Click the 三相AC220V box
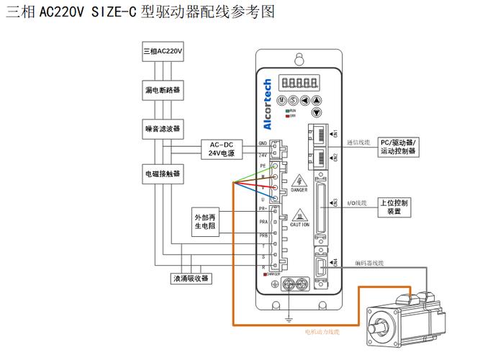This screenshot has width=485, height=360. click(163, 53)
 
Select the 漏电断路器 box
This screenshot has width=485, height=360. click(163, 91)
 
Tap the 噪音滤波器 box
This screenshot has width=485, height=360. click(163, 130)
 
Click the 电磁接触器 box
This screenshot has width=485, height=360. click(163, 174)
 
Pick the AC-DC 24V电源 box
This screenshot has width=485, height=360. click(222, 149)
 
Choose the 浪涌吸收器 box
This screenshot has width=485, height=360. click(190, 279)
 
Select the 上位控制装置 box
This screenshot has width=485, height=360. click(394, 207)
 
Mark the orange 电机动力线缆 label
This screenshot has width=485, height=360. click(322, 332)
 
